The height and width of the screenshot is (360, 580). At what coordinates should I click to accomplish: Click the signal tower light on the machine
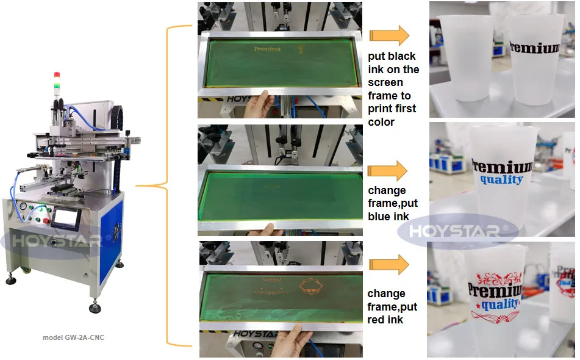(57, 82)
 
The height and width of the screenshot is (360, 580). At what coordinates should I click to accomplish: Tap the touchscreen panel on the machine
(64, 216)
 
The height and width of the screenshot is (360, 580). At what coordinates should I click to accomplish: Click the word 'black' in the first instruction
(402, 56)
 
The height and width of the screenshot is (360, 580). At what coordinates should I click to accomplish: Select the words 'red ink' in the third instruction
(386, 319)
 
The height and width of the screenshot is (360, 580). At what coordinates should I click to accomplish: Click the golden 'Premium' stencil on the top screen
(267, 49)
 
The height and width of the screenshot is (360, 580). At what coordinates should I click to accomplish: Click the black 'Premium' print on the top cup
(534, 48)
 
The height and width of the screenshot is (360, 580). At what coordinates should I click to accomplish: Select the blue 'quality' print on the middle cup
(501, 179)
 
